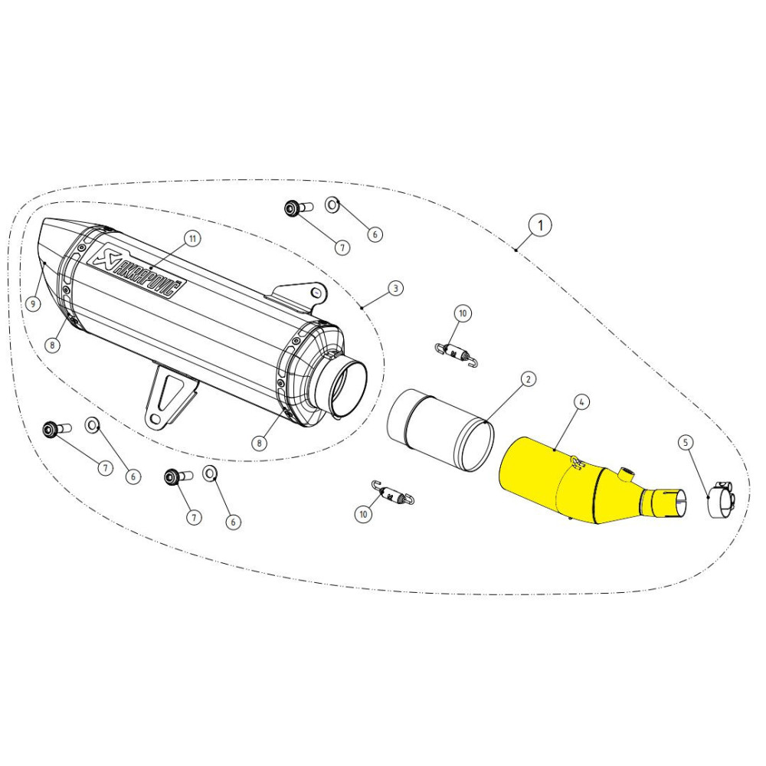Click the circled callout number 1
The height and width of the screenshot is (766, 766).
540,225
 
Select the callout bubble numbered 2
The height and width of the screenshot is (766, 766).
528,378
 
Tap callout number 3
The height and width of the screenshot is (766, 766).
394,288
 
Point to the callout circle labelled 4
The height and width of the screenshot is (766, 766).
582,401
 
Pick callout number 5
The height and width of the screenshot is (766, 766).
686,441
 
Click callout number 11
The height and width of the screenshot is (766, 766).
192,239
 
